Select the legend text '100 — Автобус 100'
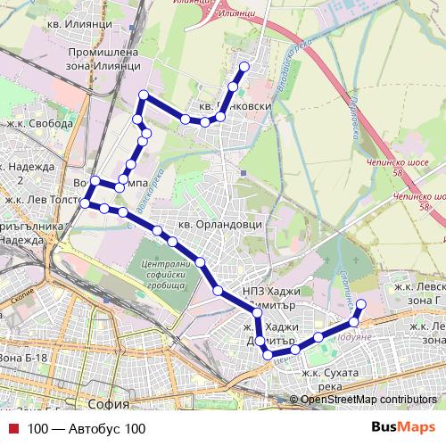[86, 428]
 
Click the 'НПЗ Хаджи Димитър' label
[272, 298]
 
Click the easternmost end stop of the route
[360, 303]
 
